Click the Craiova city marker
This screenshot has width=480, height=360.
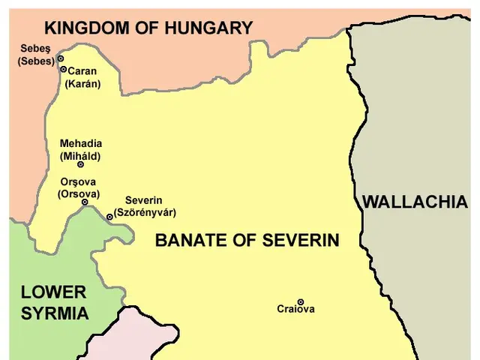click(x=301, y=302)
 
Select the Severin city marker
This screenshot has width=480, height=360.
click(x=109, y=217)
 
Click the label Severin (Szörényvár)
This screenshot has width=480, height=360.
click(x=150, y=206)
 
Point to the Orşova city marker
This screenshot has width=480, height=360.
click(x=85, y=202)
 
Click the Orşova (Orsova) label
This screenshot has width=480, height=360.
click(x=78, y=187)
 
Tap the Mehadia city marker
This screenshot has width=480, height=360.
click(x=81, y=165)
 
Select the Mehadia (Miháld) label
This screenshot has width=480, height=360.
click(x=80, y=150)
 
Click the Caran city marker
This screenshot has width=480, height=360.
click(x=63, y=69)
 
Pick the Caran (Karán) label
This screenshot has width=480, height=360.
click(x=84, y=77)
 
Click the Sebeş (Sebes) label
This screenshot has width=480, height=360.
click(x=34, y=55)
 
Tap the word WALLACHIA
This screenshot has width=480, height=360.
click(x=415, y=202)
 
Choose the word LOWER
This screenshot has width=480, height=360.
click(x=52, y=292)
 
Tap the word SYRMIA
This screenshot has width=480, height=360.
click(x=54, y=313)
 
